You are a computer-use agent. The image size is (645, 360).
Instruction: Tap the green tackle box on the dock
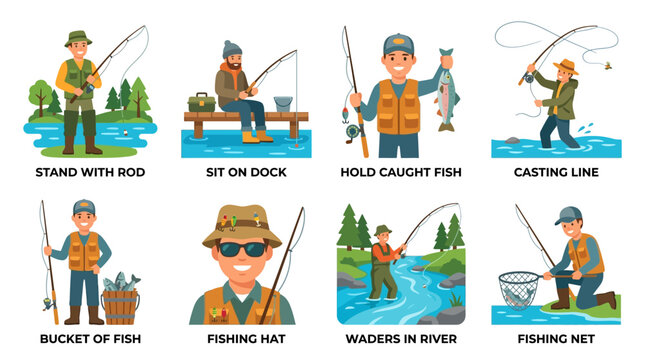pos(202,103)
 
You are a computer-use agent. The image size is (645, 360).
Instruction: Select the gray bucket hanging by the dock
pos(282,104)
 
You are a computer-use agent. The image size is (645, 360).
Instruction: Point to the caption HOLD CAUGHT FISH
pos(400,172)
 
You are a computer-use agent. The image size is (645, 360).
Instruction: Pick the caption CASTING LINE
pos(556,172)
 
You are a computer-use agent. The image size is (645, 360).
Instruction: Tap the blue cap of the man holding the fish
pos(398,43)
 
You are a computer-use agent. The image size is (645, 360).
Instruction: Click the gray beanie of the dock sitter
pos(232,49)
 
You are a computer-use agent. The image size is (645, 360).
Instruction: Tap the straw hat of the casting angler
pos(568,66)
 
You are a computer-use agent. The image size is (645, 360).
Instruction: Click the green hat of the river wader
pos(381,230)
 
